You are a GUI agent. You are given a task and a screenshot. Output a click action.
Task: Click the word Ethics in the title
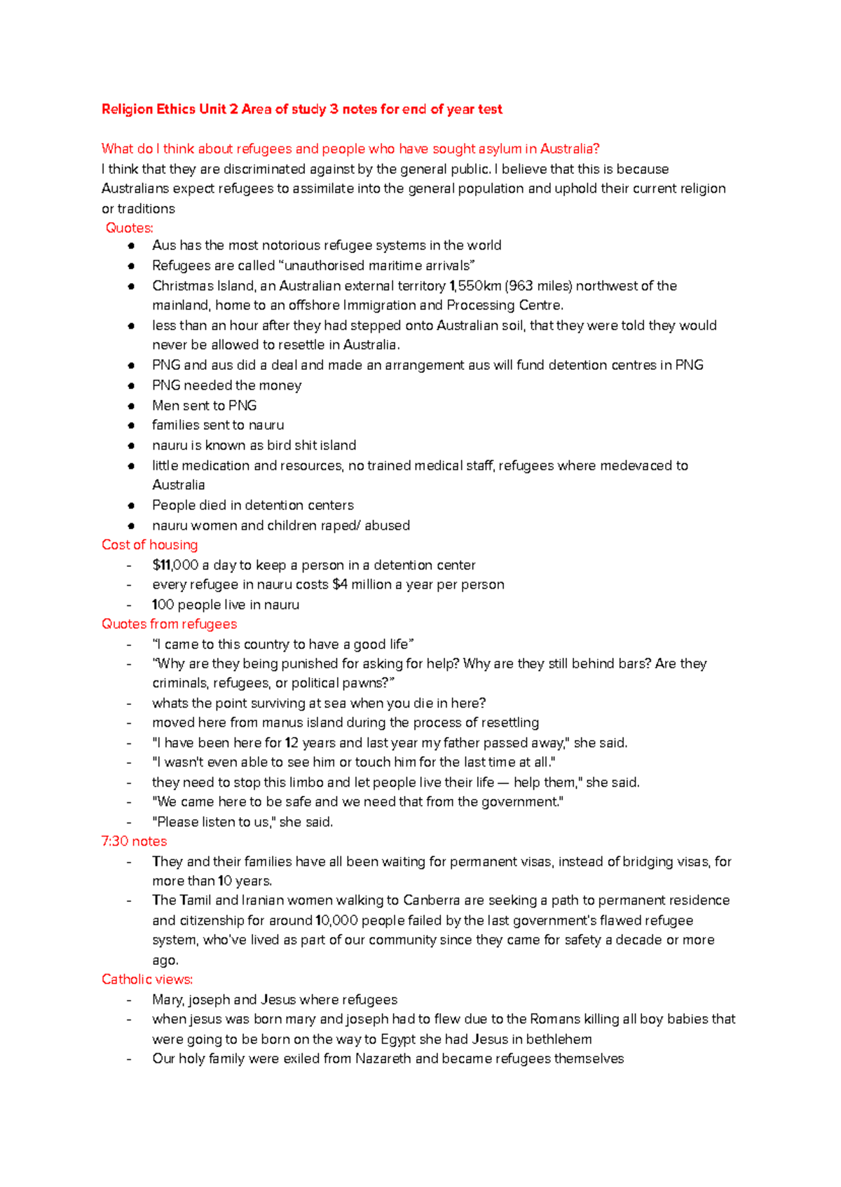click(x=176, y=109)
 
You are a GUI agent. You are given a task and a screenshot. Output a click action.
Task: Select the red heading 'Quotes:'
click(x=129, y=228)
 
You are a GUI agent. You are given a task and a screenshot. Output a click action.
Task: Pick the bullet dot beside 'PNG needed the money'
click(x=131, y=385)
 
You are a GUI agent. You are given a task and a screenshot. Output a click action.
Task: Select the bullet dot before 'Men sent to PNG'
click(x=131, y=406)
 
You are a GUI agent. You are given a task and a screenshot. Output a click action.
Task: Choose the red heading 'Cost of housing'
click(x=149, y=544)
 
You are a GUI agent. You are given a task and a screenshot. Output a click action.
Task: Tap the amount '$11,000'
click(x=175, y=565)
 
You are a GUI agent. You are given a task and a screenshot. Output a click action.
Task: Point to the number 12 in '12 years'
click(x=292, y=743)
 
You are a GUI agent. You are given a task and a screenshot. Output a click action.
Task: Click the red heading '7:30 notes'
click(x=134, y=841)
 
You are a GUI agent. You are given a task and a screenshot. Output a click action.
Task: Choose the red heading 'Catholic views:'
click(x=146, y=979)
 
